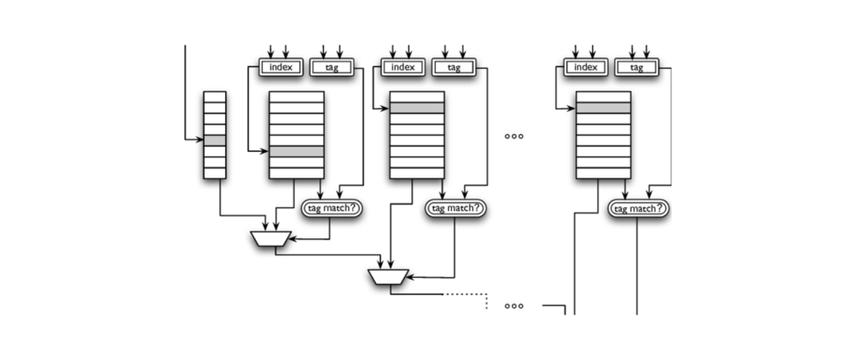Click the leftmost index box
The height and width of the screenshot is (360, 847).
coord(281,68)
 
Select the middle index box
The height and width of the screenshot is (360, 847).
coord(403,68)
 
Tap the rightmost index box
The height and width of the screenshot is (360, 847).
coord(586,68)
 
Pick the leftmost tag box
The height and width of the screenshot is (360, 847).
coord(332,68)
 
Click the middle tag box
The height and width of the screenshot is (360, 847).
coord(453,68)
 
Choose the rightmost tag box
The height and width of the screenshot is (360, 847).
coord(637,68)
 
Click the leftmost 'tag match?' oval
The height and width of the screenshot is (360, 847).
coord(332,208)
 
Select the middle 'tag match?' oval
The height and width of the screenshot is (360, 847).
coord(455,208)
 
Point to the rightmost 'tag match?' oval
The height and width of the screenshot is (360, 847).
coord(639,208)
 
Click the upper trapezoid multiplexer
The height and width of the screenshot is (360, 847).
coord(271,239)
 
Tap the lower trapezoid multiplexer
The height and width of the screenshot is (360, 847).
coord(389,277)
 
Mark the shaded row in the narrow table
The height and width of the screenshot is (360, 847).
coord(214,140)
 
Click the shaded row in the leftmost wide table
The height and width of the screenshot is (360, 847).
coord(296,152)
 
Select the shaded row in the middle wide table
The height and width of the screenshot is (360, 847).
coord(417,108)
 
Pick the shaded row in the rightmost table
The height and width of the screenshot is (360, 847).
coord(603,108)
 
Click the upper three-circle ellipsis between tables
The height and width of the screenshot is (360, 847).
coord(513,137)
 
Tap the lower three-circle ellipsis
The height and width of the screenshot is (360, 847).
coord(513,306)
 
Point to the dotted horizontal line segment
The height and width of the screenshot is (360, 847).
coord(466,295)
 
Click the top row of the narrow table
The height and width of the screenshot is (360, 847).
coord(214,97)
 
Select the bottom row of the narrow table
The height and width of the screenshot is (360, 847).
coord(214,173)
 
